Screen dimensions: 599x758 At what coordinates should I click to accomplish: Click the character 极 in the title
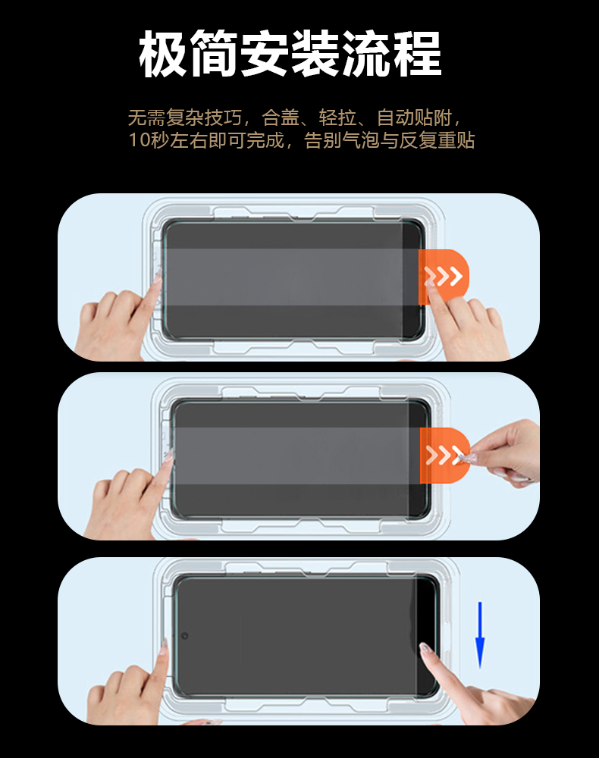tap(163, 54)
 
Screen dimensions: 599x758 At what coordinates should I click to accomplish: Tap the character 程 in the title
tap(417, 54)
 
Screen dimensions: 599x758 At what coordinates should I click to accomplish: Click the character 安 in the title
tap(265, 54)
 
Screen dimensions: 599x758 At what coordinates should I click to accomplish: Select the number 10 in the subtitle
tap(139, 141)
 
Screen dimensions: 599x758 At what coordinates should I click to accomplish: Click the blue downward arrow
tap(480, 634)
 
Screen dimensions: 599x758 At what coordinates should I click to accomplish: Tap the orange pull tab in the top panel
tap(444, 277)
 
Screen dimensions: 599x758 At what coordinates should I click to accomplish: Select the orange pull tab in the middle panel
tap(444, 455)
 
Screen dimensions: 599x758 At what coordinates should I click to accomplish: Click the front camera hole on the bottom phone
tap(184, 635)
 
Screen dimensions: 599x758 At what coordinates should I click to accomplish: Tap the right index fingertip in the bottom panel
tap(425, 648)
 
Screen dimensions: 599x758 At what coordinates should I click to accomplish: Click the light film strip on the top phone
tap(291, 277)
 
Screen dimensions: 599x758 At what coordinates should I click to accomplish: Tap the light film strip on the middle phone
tap(296, 456)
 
